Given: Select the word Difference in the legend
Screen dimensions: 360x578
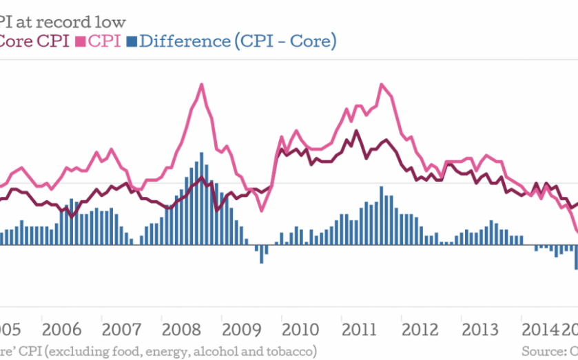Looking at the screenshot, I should pos(184,41).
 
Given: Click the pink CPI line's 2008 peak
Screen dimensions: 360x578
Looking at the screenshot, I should pos(201,85).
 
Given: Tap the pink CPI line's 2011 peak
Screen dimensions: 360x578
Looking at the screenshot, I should pos(381,85).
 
